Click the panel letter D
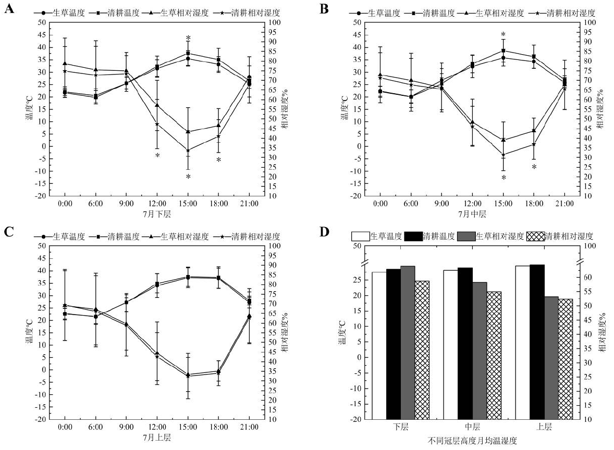[324, 231]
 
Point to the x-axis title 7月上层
[157, 438]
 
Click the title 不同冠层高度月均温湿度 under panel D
[473, 440]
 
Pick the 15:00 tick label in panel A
[188, 204]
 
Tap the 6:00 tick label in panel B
[411, 204]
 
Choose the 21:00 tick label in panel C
[249, 427]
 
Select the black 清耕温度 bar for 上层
[537, 342]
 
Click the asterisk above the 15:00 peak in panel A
[188, 37]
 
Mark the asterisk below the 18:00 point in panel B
[534, 167]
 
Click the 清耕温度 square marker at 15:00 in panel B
[504, 51]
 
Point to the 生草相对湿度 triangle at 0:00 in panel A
[65, 64]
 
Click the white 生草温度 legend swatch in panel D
[360, 236]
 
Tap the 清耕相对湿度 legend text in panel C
[255, 236]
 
